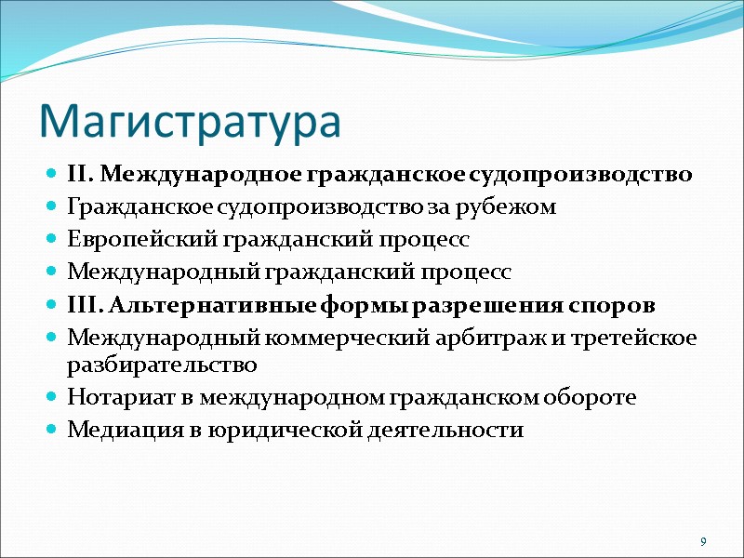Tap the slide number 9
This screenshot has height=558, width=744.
coord(703,542)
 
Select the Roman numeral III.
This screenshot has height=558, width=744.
coord(82,306)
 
